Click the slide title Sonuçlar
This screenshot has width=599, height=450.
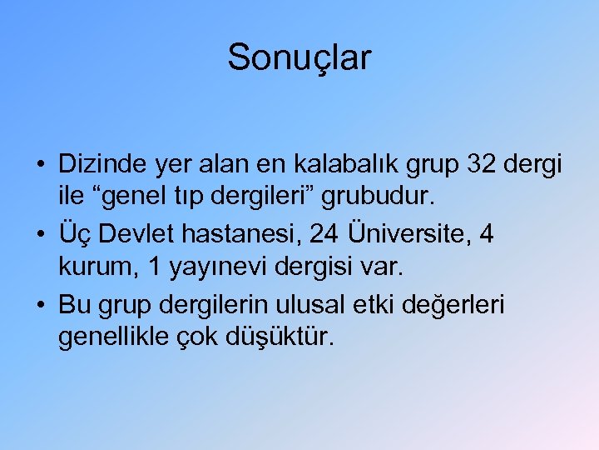(299, 57)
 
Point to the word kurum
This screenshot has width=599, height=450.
(92, 269)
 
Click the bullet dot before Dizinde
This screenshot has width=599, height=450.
(40, 165)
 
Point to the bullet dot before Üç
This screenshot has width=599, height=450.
(40, 235)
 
